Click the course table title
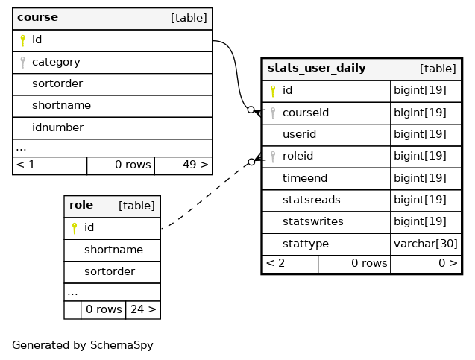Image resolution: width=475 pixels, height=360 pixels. (37, 17)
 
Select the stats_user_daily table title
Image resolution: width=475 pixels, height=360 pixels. (317, 68)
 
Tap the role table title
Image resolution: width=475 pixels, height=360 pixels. (81, 205)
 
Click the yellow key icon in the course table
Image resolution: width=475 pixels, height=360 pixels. (22, 40)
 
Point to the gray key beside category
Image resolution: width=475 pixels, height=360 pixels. (22, 63)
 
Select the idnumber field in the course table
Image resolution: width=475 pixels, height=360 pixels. (57, 127)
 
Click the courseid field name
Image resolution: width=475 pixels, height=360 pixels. (306, 113)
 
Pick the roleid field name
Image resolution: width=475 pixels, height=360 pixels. (298, 156)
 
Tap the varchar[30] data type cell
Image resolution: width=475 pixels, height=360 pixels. (425, 244)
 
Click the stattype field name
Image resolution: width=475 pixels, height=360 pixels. (306, 244)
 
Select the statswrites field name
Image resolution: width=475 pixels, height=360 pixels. (312, 221)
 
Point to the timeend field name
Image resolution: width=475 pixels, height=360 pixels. (305, 178)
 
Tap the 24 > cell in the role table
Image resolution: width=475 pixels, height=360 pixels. (143, 309)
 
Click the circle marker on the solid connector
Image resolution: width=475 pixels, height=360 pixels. (251, 110)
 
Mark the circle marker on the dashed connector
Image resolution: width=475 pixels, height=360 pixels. (251, 162)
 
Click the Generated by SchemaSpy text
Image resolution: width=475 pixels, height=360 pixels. (82, 345)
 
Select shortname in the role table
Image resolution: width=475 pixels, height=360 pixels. (113, 250)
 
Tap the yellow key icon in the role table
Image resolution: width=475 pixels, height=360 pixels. (75, 228)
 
